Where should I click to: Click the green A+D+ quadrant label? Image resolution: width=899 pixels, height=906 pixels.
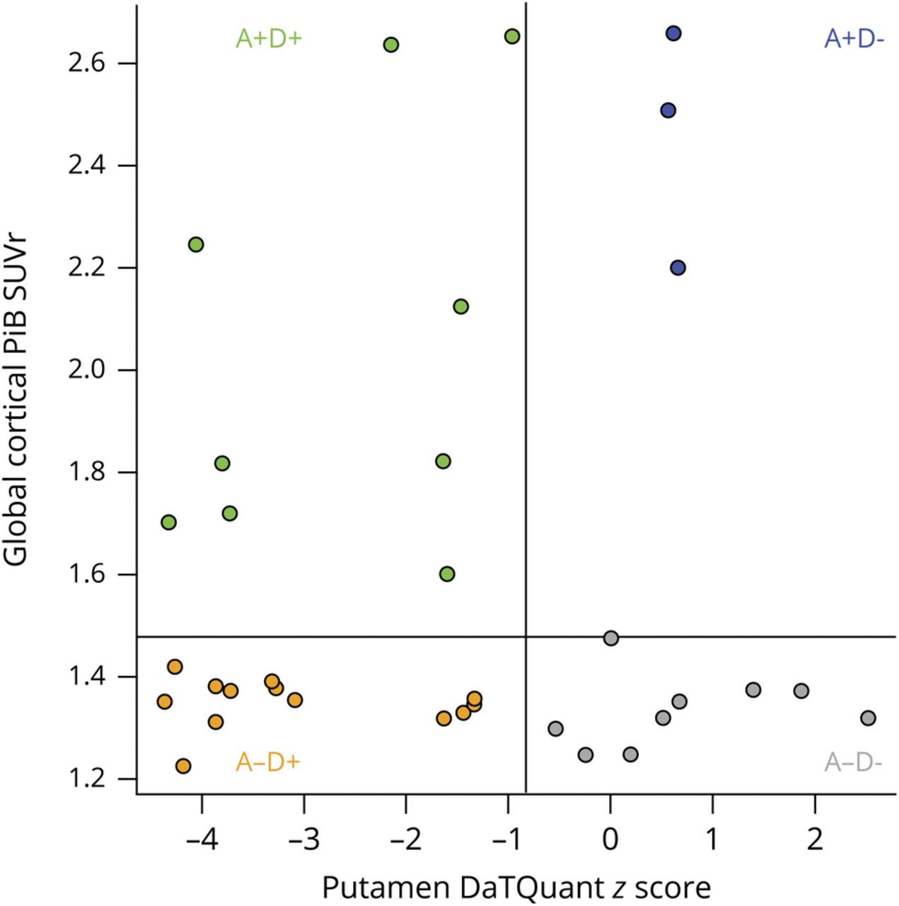pyautogui.click(x=269, y=38)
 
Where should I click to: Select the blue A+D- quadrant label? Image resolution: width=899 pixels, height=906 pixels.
pyautogui.click(x=854, y=39)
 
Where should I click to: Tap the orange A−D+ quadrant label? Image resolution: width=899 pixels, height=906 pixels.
pyautogui.click(x=268, y=762)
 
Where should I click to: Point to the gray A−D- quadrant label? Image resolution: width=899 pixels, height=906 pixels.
pyautogui.click(x=853, y=762)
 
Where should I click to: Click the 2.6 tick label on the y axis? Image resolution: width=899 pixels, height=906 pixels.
pyautogui.click(x=87, y=63)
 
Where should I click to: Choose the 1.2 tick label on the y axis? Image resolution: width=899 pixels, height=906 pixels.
pyautogui.click(x=87, y=779)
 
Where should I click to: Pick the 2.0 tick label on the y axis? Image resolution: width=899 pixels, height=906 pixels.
pyautogui.click(x=87, y=369)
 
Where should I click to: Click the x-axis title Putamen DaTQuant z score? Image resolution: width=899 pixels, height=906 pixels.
pyautogui.click(x=516, y=886)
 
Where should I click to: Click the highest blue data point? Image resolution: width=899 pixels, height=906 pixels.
pyautogui.click(x=673, y=33)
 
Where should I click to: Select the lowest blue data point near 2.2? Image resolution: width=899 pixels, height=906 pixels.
pyautogui.click(x=678, y=268)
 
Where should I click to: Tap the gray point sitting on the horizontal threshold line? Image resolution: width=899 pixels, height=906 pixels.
pyautogui.click(x=611, y=638)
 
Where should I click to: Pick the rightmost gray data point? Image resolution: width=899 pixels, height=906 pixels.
pyautogui.click(x=868, y=718)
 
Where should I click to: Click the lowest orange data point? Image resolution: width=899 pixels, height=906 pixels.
pyautogui.click(x=183, y=766)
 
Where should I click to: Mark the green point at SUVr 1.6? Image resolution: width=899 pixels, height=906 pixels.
pyautogui.click(x=447, y=574)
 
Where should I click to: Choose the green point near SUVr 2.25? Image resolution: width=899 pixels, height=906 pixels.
pyautogui.click(x=196, y=244)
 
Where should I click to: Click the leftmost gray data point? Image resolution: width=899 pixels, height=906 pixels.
pyautogui.click(x=556, y=728)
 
